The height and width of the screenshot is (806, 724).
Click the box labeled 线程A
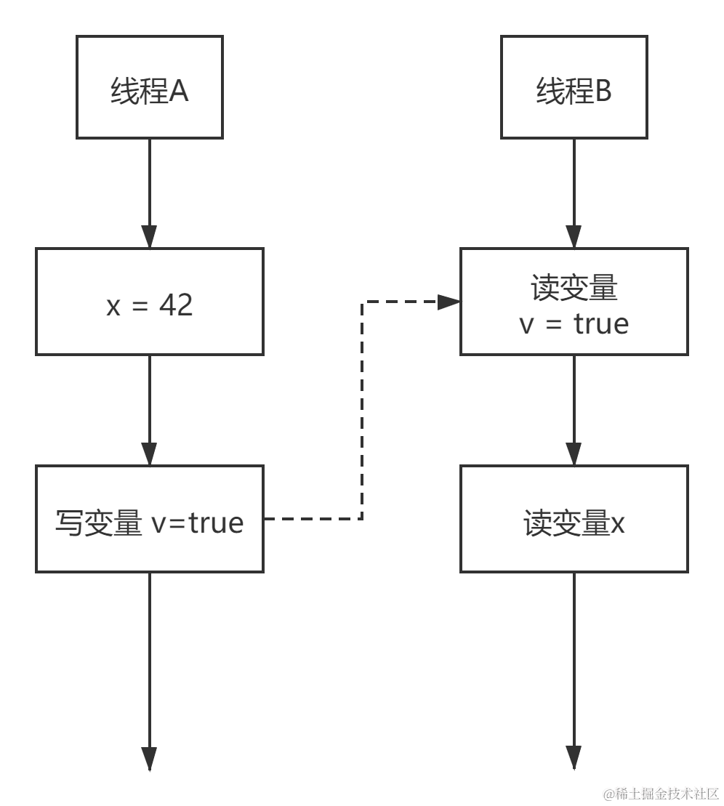tap(150, 87)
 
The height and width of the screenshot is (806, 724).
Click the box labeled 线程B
tap(574, 87)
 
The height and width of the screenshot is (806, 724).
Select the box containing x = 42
tap(150, 302)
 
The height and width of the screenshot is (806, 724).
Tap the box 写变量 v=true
tap(150, 519)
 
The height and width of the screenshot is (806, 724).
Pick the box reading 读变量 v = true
tap(574, 302)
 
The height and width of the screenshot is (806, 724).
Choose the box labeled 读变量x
tap(574, 519)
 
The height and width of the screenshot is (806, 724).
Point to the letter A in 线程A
tap(179, 92)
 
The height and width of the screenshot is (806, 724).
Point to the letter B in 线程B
tap(603, 92)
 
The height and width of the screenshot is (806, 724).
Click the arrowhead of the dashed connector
tap(449, 302)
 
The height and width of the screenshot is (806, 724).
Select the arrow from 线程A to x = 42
tap(150, 193)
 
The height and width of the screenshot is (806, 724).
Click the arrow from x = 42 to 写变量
tap(150, 411)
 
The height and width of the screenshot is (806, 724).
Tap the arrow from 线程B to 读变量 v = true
tap(574, 193)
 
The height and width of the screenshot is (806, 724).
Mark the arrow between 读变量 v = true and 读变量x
tap(574, 411)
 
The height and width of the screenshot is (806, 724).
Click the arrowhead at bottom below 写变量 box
tap(150, 759)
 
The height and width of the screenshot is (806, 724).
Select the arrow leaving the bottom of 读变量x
tap(574, 669)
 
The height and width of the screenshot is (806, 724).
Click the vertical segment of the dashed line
tap(362, 411)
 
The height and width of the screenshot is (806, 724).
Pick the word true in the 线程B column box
tap(601, 324)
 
